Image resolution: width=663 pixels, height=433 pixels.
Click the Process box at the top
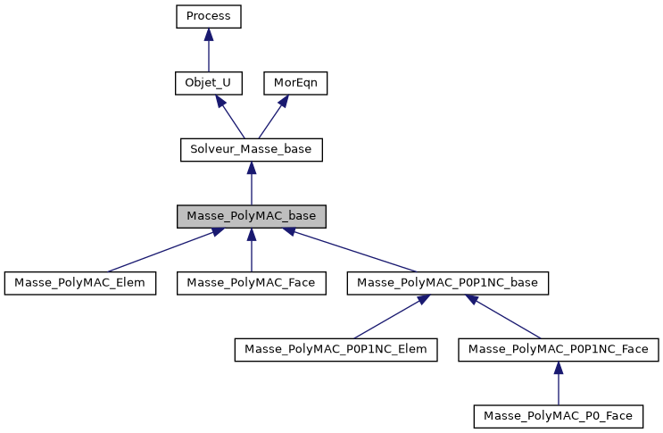[x=208, y=16]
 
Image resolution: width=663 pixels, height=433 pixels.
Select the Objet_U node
[x=208, y=83]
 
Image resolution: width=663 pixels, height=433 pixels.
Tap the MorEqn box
[x=295, y=83]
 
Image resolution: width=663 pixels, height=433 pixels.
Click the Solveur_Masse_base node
[x=251, y=150]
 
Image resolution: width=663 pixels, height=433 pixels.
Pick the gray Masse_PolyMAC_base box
[x=251, y=217]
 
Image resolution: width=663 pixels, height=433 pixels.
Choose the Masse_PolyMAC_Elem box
[x=80, y=283]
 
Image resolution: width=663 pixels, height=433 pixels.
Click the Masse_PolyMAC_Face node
[x=251, y=283]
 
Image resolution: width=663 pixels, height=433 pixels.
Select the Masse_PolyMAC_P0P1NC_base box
[x=447, y=283]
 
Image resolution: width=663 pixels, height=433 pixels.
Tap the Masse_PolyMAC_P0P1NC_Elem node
[x=336, y=350]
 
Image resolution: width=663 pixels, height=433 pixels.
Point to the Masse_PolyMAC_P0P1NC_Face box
[x=558, y=350]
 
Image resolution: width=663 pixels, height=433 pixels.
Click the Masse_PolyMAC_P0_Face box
[x=558, y=416]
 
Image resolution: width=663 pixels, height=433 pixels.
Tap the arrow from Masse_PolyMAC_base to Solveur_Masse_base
[x=251, y=184]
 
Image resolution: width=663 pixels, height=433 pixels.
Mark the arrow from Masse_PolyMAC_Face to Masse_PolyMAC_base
[x=251, y=252]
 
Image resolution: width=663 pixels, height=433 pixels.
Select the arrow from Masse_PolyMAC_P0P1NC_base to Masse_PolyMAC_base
[x=352, y=251]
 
